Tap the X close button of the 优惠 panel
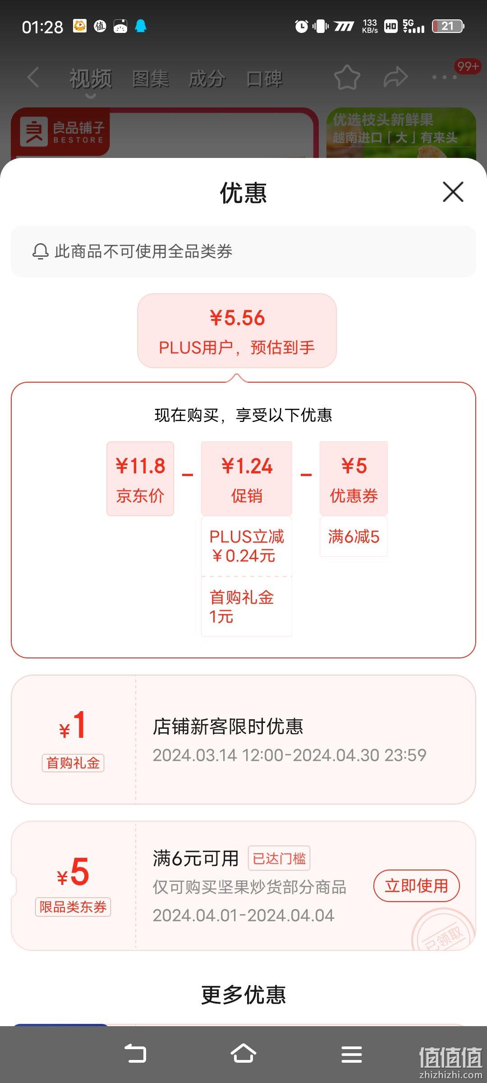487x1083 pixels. click(453, 192)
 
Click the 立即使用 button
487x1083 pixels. click(416, 886)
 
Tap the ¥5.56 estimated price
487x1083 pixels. click(237, 318)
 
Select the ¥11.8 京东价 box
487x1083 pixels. click(140, 479)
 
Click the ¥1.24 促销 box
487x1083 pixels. click(247, 479)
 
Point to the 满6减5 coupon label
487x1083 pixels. click(354, 537)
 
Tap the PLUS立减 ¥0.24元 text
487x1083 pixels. click(247, 546)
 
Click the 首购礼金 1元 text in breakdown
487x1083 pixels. click(242, 606)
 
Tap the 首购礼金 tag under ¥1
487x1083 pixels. click(73, 763)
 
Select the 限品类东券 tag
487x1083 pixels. click(73, 907)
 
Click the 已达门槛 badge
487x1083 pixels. click(279, 858)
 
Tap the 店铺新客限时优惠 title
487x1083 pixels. click(228, 727)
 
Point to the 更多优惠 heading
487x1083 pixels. click(243, 995)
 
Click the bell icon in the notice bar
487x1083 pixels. click(40, 251)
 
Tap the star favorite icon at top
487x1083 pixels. click(347, 78)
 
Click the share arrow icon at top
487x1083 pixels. click(395, 77)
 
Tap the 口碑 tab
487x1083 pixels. click(264, 79)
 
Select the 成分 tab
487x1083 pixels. click(207, 79)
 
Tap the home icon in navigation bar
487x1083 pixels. click(243, 1054)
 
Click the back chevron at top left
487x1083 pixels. click(33, 77)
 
